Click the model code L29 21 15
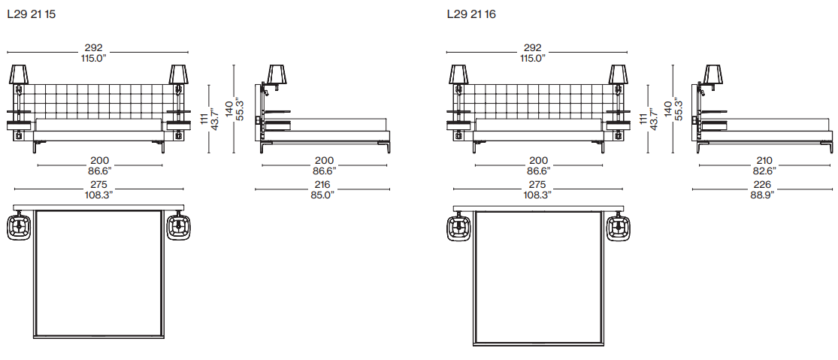click(32, 14)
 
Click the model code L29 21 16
click(471, 14)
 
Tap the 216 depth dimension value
click(322, 184)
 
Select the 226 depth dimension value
click(762, 184)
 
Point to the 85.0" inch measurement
click(323, 195)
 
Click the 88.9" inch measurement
click(763, 195)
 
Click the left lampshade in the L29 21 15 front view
click(19, 74)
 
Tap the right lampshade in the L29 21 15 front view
click(179, 74)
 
